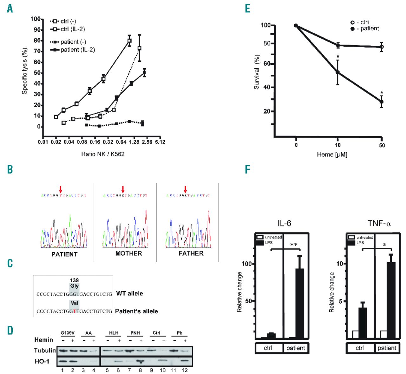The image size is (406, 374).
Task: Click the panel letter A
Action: click(10, 9)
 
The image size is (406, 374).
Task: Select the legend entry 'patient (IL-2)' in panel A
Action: click(77, 50)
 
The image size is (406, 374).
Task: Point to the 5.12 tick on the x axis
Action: click(160, 142)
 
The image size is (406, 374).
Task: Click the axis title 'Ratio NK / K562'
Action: click(103, 154)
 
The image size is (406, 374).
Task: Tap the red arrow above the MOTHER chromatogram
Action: click(123, 189)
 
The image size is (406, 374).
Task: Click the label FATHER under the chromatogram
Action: click(191, 253)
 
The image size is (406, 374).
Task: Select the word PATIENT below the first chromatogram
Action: click(64, 254)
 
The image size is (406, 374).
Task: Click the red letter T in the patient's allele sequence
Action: click(75, 311)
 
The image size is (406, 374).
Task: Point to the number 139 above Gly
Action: click(74, 280)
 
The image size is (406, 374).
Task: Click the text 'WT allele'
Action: click(129, 293)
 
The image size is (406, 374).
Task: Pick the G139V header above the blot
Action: click(68, 333)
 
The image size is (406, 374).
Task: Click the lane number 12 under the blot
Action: click(185, 370)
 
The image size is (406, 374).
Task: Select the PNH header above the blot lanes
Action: click(135, 333)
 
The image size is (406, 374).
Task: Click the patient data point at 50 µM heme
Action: click(381, 102)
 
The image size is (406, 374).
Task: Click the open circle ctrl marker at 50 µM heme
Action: click(381, 47)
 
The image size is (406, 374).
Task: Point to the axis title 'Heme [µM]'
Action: click(332, 154)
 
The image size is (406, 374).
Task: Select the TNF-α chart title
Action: click(379, 223)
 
